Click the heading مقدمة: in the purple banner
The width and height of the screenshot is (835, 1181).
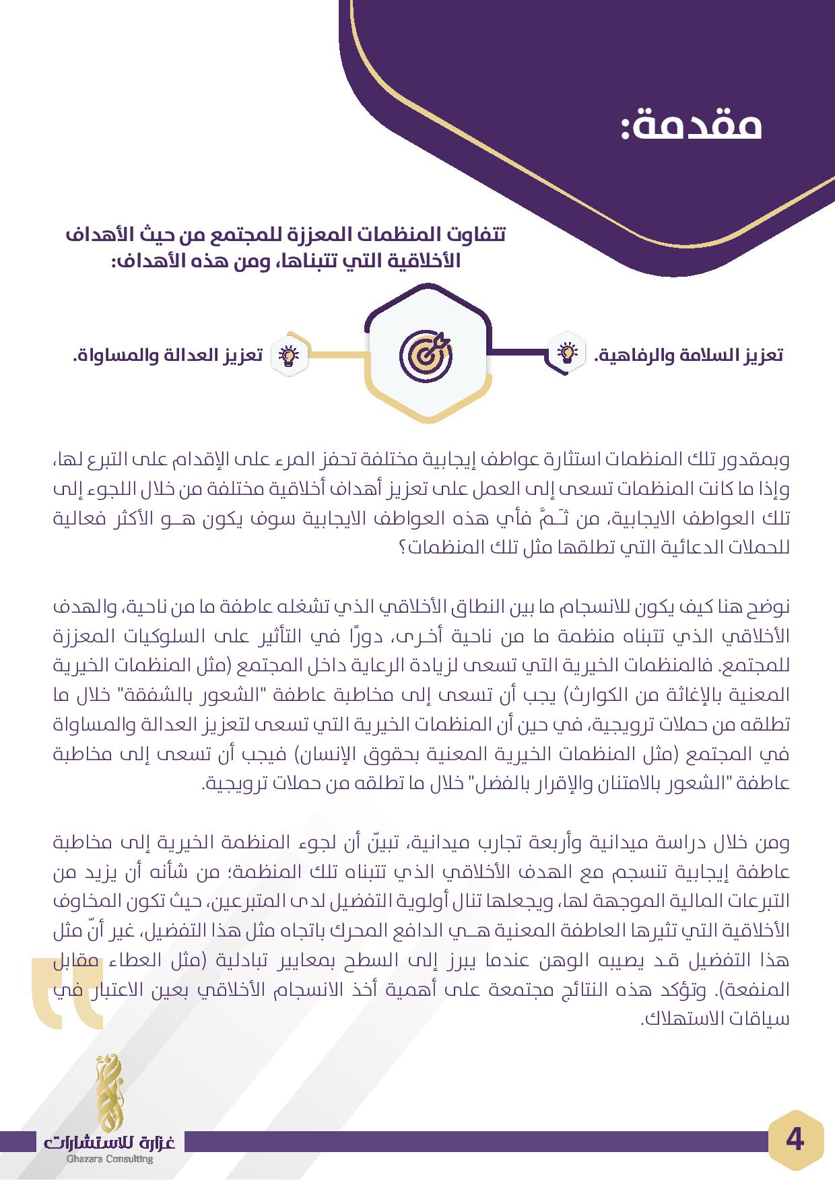coord(691,125)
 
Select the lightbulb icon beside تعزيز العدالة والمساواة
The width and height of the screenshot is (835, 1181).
coord(288,354)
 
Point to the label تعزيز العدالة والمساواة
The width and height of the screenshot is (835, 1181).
coord(167,355)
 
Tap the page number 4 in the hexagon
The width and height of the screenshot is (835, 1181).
coord(795,1141)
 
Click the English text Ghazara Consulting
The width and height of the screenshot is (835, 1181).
coord(110,1159)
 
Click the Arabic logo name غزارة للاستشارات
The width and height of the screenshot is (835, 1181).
coord(110,1141)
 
